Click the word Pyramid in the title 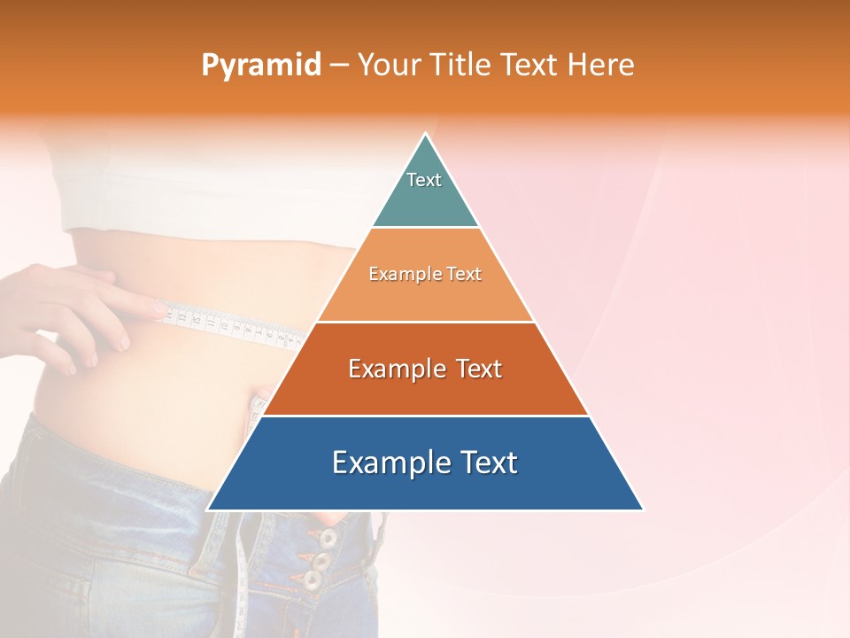click(261, 66)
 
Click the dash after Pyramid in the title click(339, 66)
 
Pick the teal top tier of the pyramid click(425, 199)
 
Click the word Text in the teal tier click(424, 180)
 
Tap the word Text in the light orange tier click(461, 274)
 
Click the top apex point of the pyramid click(426, 135)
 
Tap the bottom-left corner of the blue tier click(209, 509)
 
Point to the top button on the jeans click(328, 538)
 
